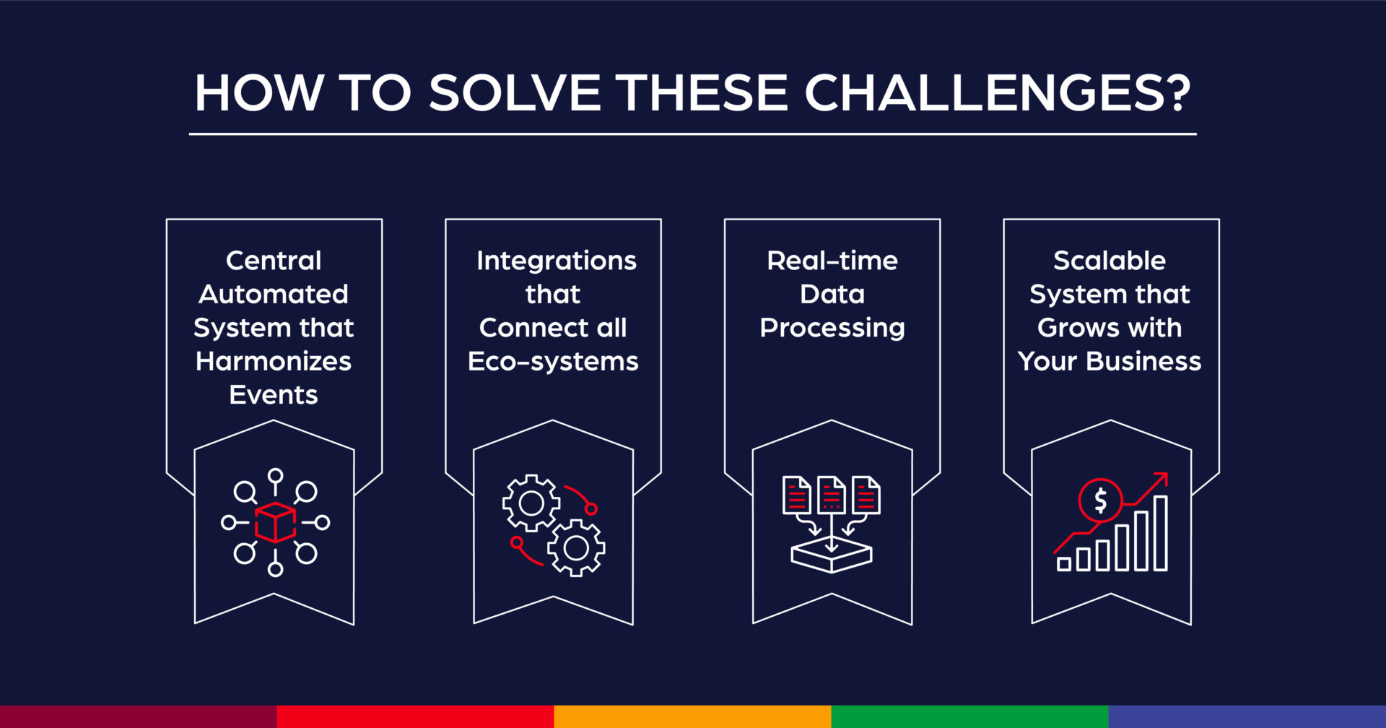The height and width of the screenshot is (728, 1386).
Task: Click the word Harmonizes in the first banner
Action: pos(273,361)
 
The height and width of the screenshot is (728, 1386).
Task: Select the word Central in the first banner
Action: pos(273,261)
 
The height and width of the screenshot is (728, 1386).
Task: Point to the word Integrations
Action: pos(556,261)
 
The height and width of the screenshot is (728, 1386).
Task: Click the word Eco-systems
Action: pos(552,361)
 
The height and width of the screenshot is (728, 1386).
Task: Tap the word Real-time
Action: pos(832,261)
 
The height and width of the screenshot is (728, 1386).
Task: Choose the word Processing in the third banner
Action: pos(832,328)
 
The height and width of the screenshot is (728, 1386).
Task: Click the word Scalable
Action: pos(1109,261)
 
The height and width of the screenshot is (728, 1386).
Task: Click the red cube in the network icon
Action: pos(275,522)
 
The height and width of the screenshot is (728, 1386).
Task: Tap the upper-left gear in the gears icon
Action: pos(531,503)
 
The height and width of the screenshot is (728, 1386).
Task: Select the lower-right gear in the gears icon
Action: pos(575,548)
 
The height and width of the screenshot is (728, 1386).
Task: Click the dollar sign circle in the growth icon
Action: pos(1099,500)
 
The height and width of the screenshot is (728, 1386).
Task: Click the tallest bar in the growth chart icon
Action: pos(1160,533)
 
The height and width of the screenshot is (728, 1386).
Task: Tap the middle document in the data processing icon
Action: pos(831,495)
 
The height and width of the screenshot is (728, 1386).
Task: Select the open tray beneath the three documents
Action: pos(831,557)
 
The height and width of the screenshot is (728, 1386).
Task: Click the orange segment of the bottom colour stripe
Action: pos(692,716)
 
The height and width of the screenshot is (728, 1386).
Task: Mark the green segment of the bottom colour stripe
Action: pos(969,716)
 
